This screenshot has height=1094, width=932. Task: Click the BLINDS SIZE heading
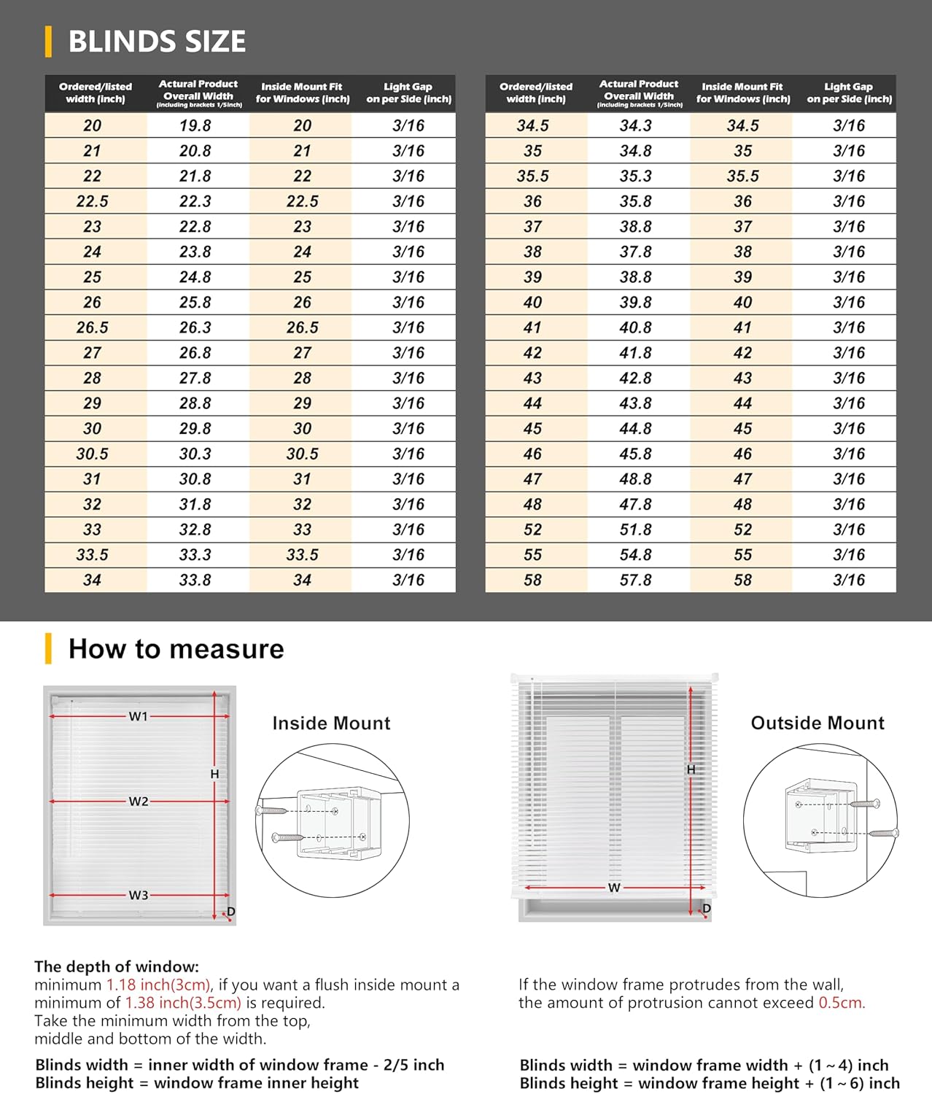pos(157,42)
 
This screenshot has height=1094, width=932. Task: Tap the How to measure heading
pos(176,648)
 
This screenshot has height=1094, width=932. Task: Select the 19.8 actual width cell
pos(195,125)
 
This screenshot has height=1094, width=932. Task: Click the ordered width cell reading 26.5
pos(93,327)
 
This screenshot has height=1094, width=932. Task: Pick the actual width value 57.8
pos(636,580)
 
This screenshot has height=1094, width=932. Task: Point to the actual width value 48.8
pos(636,479)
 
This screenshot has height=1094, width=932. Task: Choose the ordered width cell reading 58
pos(533,580)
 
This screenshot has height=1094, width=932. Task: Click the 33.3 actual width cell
pos(195,555)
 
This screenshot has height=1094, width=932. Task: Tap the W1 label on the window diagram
pos(139,716)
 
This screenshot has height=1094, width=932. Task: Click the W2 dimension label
pos(139,802)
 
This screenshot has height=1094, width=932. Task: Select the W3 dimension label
pos(139,895)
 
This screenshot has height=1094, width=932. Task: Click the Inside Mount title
pos(331,723)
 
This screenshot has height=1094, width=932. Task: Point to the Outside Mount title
pos(818,723)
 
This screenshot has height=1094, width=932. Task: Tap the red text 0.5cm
pos(842,1003)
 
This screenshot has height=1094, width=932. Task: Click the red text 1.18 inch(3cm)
pos(159,985)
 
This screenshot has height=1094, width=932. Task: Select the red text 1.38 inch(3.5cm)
pos(183,1003)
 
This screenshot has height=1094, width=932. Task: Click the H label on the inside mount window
pos(214,774)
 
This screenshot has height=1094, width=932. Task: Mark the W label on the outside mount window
pos(614,888)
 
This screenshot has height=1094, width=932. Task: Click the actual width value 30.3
pos(195,454)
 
